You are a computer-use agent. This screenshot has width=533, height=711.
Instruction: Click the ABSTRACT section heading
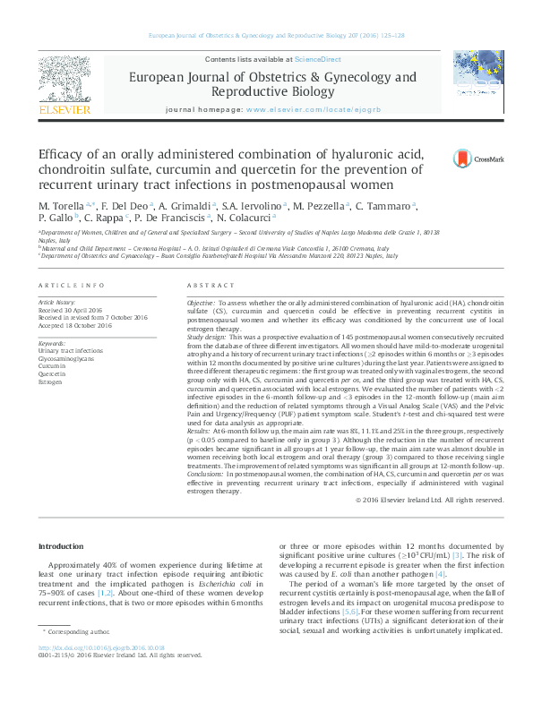click(211, 286)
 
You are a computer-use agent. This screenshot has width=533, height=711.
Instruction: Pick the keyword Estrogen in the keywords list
click(52, 382)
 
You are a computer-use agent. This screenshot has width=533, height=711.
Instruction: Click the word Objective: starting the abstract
click(201, 304)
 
